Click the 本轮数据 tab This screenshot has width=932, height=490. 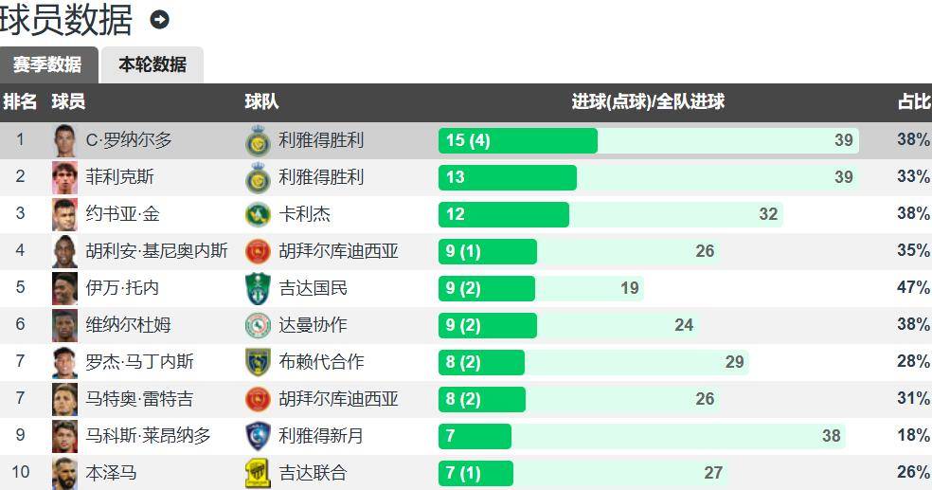click(152, 64)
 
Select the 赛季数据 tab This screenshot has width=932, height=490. click(47, 64)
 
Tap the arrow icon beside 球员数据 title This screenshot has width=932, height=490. click(159, 19)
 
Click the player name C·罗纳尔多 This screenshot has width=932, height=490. click(129, 140)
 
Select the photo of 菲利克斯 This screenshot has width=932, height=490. click(64, 177)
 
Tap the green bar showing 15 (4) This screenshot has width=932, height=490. click(517, 140)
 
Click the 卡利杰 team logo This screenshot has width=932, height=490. click(258, 214)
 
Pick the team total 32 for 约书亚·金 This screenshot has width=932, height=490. click(768, 214)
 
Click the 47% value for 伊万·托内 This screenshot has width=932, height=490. click(913, 288)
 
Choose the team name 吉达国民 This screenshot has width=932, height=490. click(313, 288)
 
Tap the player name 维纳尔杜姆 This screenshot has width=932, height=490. click(128, 325)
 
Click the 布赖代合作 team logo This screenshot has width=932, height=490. click(258, 362)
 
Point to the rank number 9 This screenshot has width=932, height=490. click(20, 436)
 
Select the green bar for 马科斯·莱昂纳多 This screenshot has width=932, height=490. click(475, 436)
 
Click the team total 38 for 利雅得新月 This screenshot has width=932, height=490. click(831, 436)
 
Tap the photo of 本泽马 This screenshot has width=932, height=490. click(64, 473)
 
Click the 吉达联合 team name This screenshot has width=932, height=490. click(313, 473)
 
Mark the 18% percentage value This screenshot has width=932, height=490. click(913, 436)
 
